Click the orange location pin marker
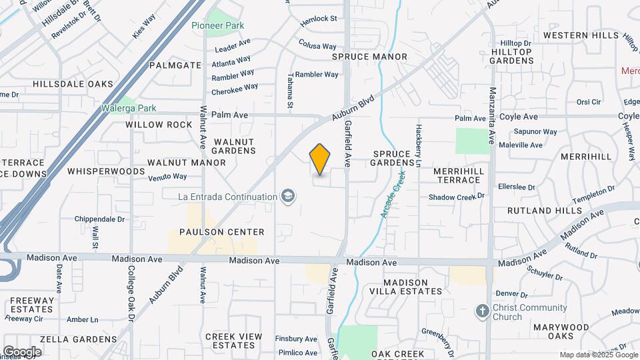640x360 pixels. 320,159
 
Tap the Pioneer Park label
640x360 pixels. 217,25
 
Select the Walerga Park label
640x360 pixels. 129,108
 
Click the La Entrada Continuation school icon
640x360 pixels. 287,197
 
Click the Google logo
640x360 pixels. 22,351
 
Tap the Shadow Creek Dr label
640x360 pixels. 455,197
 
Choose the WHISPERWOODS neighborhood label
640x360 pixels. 106,171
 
